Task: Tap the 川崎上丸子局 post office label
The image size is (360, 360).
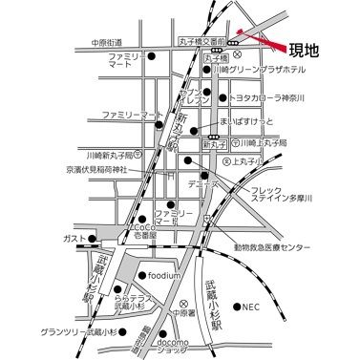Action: point(263,141)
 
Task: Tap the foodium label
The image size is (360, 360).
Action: point(164,276)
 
